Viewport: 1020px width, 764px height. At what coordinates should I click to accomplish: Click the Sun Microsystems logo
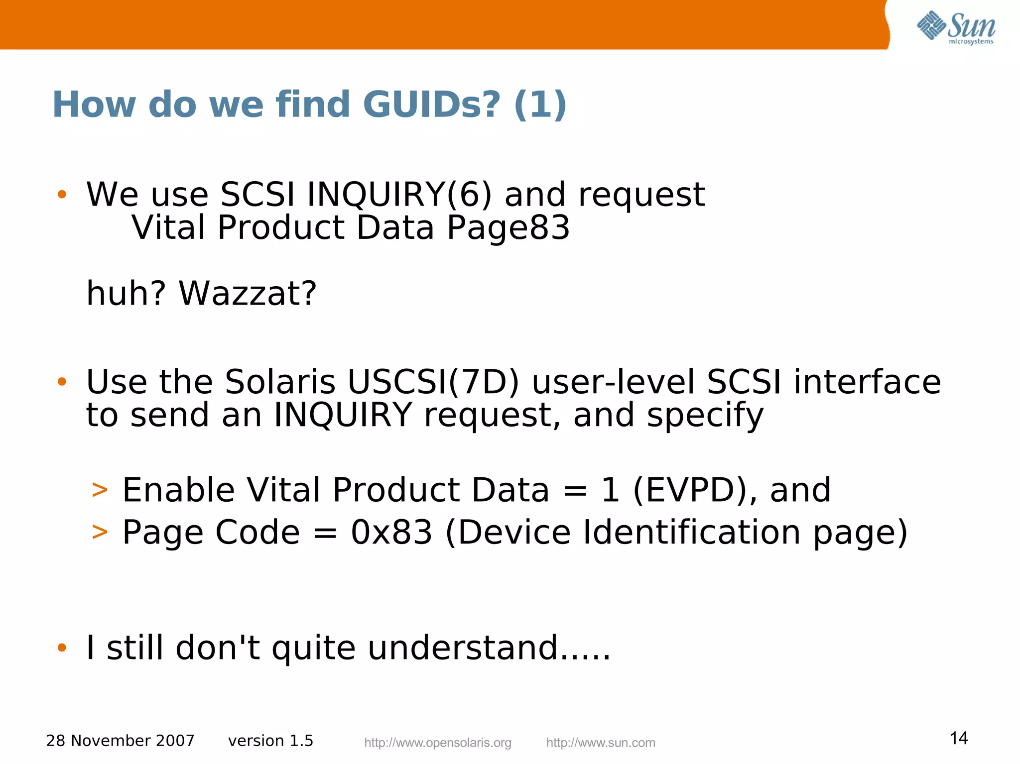point(956,27)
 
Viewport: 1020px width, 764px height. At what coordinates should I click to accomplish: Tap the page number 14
point(959,738)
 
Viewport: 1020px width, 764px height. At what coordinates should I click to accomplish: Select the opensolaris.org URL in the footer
point(437,743)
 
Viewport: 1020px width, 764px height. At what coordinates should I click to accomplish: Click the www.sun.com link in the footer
point(600,743)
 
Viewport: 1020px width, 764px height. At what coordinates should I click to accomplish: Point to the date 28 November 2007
point(120,741)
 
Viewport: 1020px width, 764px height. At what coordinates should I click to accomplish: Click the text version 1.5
point(270,741)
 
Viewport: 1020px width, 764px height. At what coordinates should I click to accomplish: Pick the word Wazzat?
point(248,293)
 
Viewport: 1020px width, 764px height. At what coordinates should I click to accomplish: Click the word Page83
point(508,228)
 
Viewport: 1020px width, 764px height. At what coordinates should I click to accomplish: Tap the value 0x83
point(391,532)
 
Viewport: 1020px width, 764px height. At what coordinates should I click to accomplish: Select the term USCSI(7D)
point(433,382)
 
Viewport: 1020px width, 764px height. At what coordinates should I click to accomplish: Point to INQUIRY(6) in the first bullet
point(399,194)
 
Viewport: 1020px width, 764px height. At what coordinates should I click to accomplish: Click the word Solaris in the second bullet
point(280,382)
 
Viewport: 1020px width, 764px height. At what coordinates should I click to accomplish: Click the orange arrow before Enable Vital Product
point(100,490)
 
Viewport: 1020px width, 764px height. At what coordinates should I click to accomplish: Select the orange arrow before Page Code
point(100,532)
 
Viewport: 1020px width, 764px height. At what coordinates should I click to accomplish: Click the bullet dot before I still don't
point(62,648)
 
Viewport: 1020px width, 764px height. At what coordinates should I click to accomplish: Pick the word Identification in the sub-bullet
point(692,532)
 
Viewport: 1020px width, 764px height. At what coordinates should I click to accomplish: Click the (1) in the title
point(540,105)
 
